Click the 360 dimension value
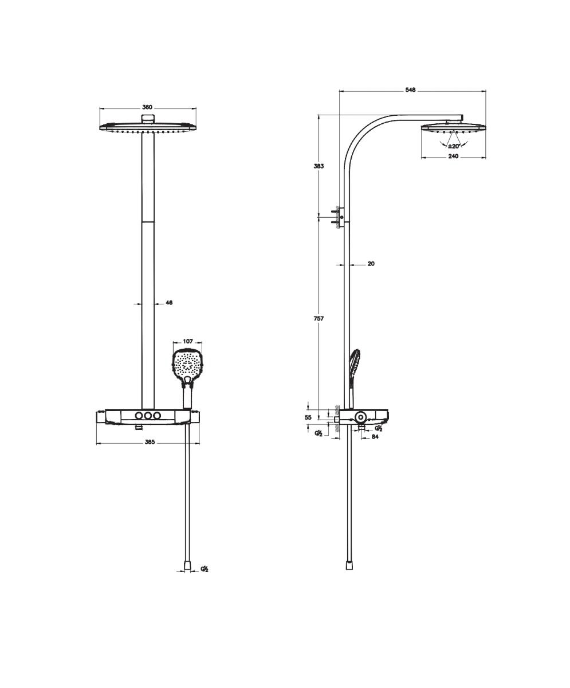pos(147,107)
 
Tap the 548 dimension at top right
pos(410,89)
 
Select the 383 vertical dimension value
pos(319,166)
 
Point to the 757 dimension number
pos(319,318)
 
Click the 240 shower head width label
pos(453,156)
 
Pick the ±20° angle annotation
pos(454,146)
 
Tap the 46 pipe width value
pos(169,303)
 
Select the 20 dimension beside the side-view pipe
pos(371,264)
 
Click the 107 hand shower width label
pos(188,341)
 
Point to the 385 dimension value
pos(150,442)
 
